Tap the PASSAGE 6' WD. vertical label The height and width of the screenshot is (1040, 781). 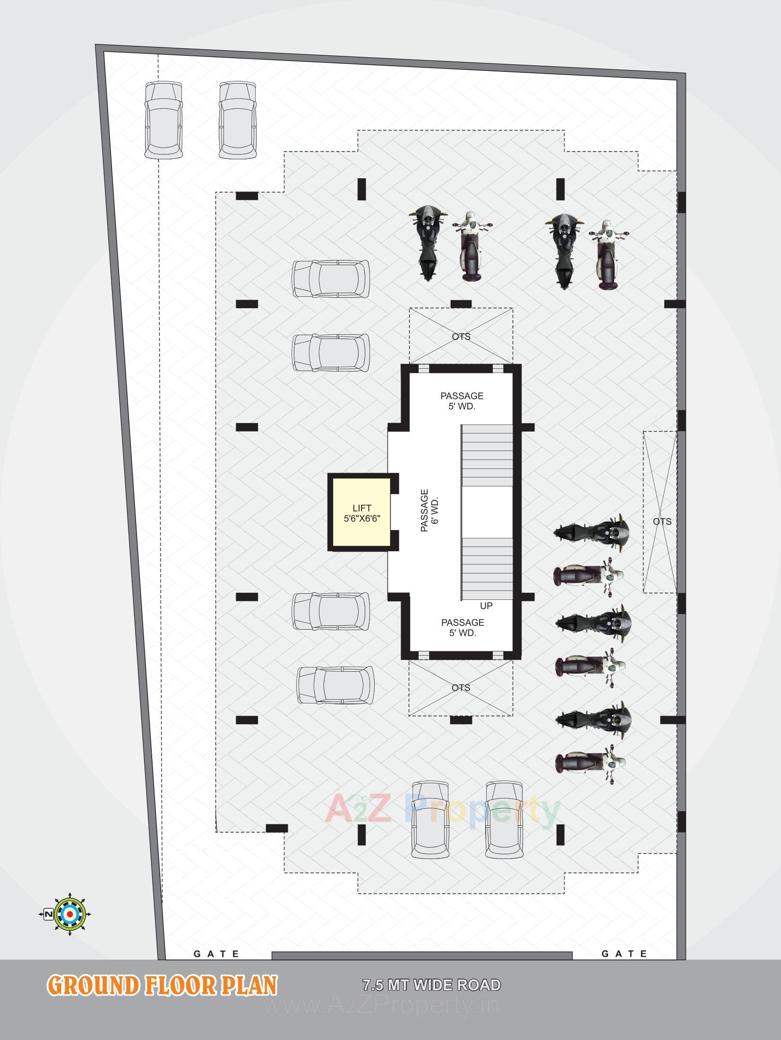429,511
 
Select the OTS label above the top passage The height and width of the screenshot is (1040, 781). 461,337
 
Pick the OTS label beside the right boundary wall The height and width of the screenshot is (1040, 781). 662,522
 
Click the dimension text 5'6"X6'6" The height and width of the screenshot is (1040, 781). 362,518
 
